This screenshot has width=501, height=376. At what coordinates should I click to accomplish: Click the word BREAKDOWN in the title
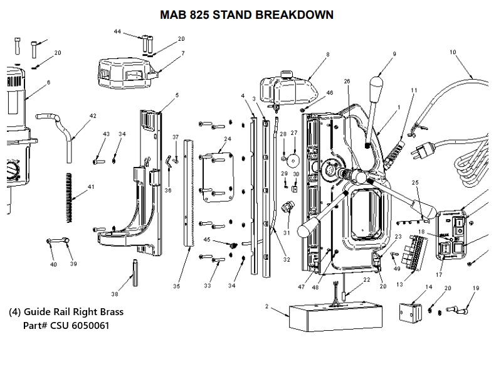294,14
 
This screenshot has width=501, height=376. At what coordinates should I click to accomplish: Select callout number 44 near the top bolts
117,31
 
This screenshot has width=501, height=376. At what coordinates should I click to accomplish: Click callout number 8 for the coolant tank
327,55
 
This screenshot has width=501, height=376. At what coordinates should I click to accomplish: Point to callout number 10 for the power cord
453,52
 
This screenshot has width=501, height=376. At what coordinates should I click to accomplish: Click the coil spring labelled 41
70,197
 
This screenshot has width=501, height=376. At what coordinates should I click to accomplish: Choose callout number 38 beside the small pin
114,294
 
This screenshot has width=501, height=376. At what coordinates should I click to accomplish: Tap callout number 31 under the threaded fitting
286,233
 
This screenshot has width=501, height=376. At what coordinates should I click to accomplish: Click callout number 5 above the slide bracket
177,95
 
